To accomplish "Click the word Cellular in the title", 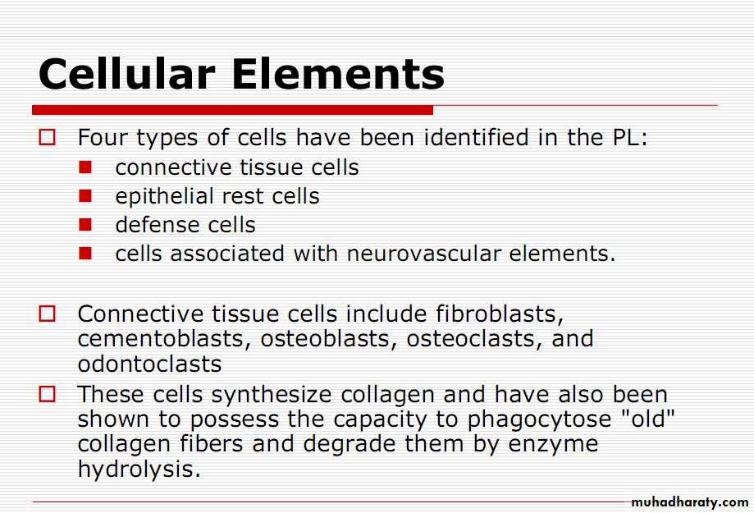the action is point(126,74).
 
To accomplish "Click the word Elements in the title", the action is point(339,74).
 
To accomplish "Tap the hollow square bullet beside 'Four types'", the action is point(47,137).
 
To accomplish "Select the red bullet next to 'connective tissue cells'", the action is point(85,167).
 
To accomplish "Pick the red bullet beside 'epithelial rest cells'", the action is point(85,196).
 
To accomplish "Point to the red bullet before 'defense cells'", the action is point(85,225).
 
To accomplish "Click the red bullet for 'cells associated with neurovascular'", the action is point(85,253).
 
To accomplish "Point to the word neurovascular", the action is point(423,254).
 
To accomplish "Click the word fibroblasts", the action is point(500,314).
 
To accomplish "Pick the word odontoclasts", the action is point(149,364).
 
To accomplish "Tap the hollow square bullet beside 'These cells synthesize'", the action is point(47,394).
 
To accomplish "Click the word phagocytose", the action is point(539,420).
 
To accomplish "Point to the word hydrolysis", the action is point(139,469).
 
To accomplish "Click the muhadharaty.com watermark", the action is point(690,502).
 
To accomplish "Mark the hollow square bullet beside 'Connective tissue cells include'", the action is point(47,314).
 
